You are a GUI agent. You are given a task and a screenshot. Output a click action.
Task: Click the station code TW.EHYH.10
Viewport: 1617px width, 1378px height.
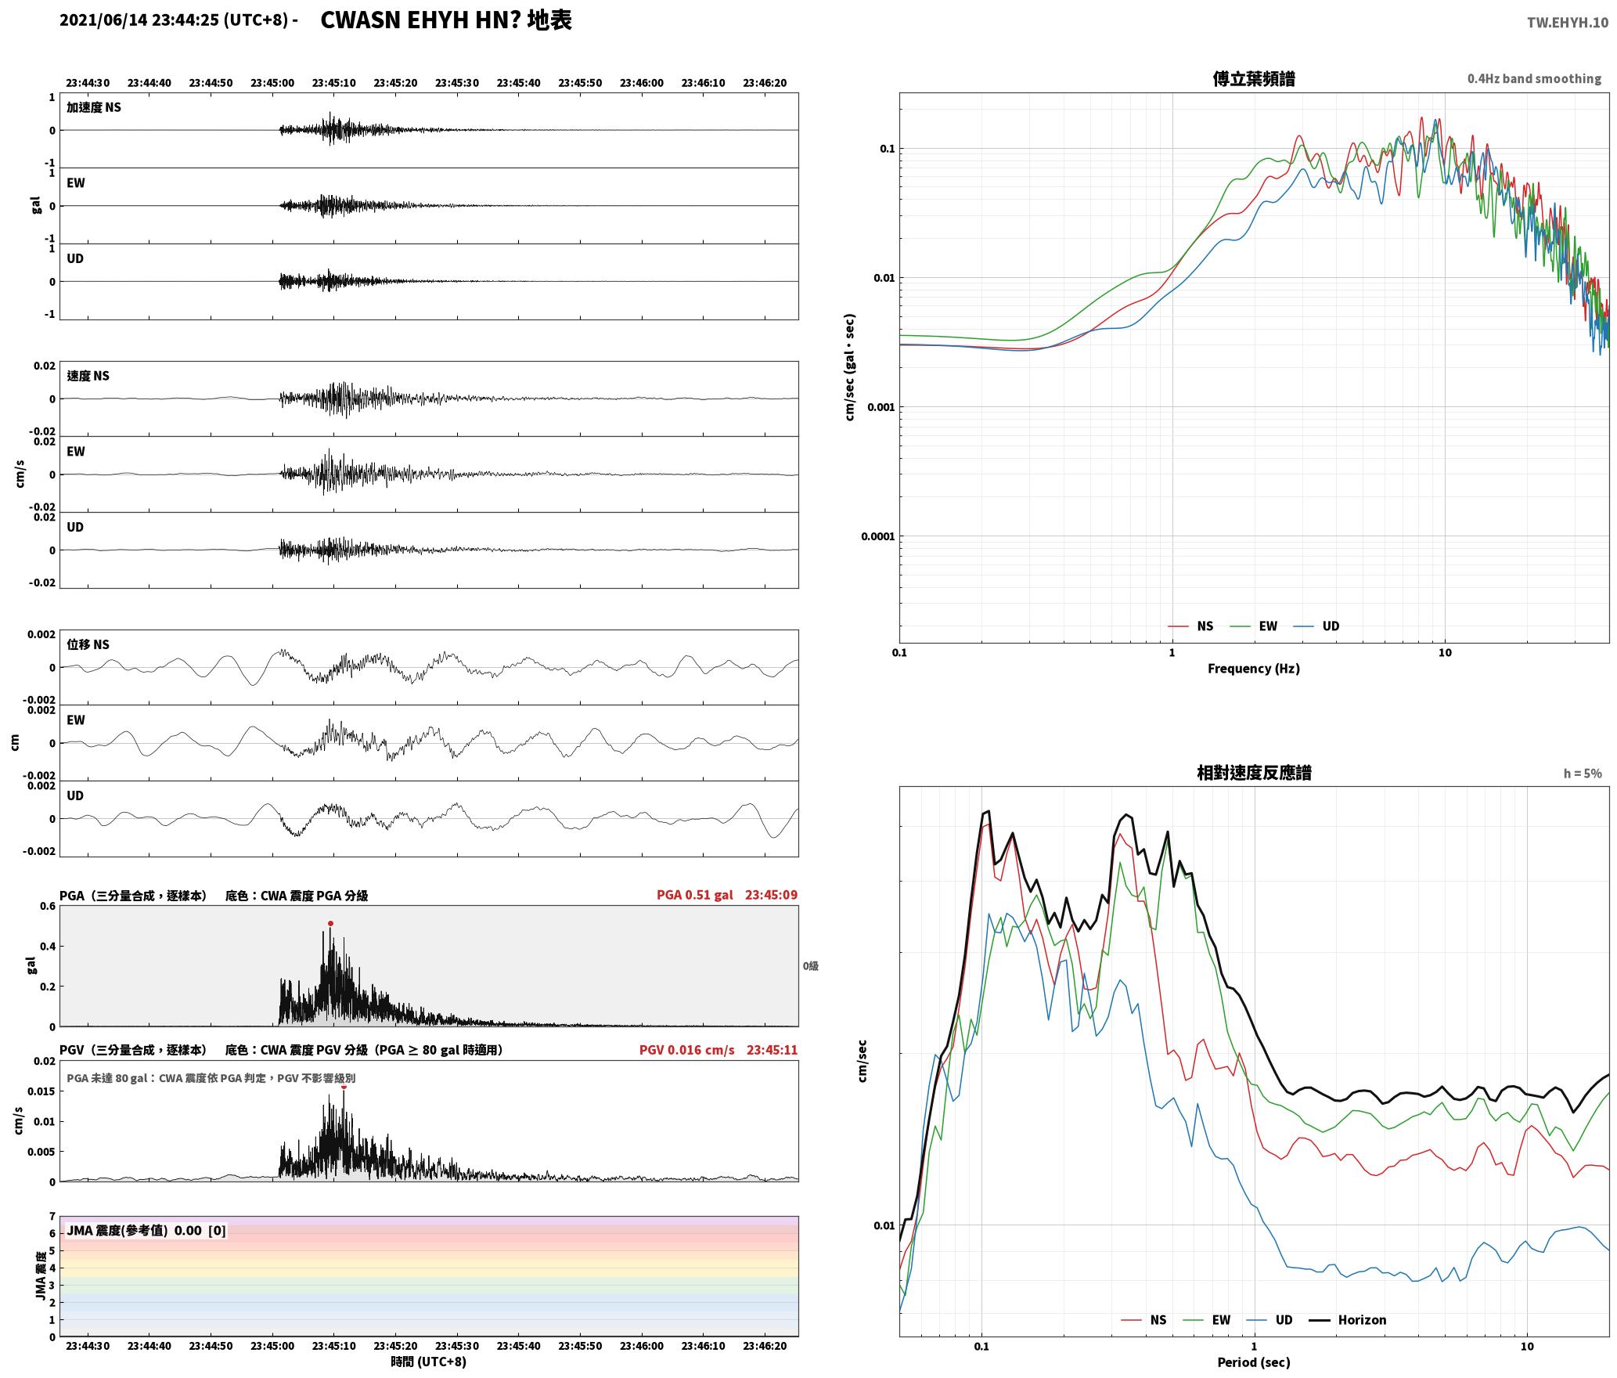(x=1568, y=22)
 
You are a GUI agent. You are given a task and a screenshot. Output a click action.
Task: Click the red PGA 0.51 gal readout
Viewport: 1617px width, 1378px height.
(x=695, y=895)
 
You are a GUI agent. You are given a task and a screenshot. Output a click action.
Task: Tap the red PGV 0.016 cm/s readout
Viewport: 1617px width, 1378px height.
(x=687, y=1050)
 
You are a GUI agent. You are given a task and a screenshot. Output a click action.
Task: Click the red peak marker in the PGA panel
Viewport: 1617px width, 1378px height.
(x=330, y=924)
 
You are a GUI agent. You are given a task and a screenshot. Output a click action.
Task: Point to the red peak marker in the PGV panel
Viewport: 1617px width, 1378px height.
(x=344, y=1086)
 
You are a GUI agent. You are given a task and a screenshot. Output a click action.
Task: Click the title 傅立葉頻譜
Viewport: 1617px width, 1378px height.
(x=1253, y=78)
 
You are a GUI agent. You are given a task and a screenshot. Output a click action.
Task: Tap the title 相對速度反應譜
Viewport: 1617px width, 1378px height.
(x=1254, y=773)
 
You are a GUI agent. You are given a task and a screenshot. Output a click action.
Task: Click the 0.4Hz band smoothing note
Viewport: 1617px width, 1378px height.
(x=1534, y=78)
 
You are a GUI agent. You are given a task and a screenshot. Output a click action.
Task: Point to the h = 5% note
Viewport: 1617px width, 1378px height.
(x=1583, y=774)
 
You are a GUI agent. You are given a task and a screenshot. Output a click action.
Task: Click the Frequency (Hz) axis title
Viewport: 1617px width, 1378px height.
(x=1253, y=668)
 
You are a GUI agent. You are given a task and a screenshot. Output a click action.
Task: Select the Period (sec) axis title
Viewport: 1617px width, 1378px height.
(x=1253, y=1362)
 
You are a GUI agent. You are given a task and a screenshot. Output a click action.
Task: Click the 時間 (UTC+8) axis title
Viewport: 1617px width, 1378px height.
(x=428, y=1362)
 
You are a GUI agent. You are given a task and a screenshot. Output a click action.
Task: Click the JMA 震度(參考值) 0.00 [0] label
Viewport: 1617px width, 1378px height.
(x=146, y=1231)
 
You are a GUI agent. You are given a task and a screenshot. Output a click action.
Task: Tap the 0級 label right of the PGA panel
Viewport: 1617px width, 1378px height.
(x=810, y=966)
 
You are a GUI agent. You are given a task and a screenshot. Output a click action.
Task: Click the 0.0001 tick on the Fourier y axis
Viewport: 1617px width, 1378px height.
(x=877, y=536)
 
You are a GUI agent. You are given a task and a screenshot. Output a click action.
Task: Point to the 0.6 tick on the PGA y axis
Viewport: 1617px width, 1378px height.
(x=48, y=907)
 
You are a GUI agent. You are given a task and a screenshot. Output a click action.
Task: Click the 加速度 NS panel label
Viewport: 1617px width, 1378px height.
(x=94, y=107)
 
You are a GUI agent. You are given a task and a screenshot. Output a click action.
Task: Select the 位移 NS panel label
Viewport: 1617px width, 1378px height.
(x=88, y=644)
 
